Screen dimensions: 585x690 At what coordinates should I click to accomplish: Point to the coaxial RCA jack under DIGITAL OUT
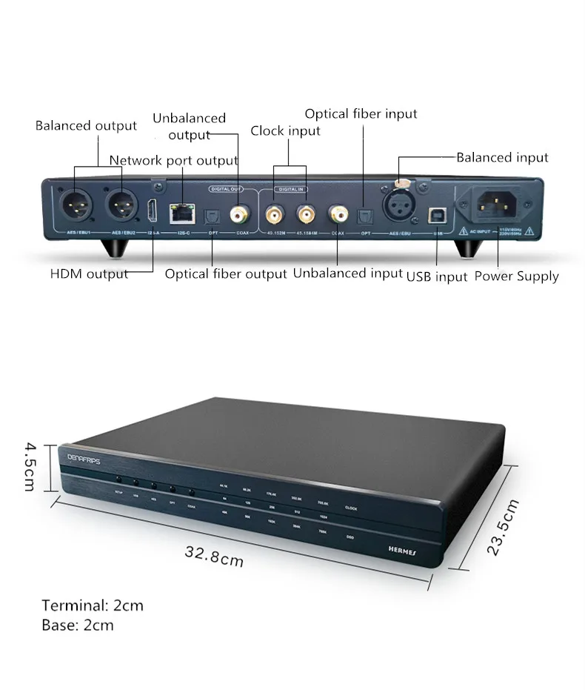pyautogui.click(x=239, y=216)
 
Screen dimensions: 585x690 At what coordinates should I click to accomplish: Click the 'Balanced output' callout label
pyautogui.click(x=86, y=125)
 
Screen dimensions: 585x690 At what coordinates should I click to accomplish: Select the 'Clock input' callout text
pyautogui.click(x=285, y=131)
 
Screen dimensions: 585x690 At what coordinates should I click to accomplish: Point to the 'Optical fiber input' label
pyautogui.click(x=361, y=114)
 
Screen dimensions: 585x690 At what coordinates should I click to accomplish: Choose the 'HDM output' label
pyautogui.click(x=89, y=273)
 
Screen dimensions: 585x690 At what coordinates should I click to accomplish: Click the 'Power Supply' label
pyautogui.click(x=516, y=276)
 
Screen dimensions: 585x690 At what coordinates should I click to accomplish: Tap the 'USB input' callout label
pyautogui.click(x=437, y=276)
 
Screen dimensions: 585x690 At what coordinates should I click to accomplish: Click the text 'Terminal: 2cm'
pyautogui.click(x=93, y=606)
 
